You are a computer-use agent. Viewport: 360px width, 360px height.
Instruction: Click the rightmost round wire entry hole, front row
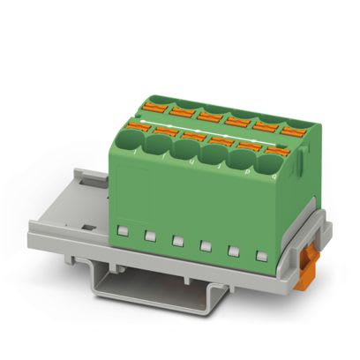269,164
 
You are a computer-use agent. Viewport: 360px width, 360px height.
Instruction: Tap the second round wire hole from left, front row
160,146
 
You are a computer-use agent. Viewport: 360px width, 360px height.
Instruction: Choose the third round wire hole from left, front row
185,150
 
